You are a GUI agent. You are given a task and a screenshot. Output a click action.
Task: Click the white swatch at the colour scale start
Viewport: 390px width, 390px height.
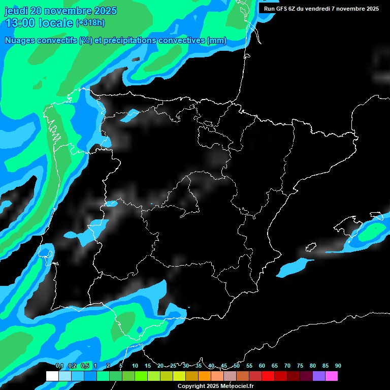(x=52, y=376)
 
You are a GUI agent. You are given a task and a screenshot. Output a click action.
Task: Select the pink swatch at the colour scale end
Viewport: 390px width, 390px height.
(x=332, y=376)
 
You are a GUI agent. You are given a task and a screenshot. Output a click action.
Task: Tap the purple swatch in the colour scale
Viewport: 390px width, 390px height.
(x=319, y=376)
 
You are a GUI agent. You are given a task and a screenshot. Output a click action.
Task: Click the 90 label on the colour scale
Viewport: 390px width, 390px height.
(x=338, y=366)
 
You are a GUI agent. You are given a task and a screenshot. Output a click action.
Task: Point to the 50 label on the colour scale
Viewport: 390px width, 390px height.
(x=237, y=366)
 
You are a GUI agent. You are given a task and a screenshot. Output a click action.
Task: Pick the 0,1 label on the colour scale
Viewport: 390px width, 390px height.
(x=59, y=366)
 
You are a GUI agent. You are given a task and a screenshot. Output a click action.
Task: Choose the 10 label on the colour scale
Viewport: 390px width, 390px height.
(x=135, y=366)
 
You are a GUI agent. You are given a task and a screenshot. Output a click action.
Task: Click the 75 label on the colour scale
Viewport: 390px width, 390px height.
(x=300, y=366)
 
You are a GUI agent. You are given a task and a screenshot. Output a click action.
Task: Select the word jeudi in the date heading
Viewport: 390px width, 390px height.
(x=16, y=11)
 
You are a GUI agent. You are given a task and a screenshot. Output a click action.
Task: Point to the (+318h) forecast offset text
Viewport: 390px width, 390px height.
(x=90, y=23)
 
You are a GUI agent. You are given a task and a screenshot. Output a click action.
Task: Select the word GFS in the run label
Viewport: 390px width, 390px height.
(x=283, y=9)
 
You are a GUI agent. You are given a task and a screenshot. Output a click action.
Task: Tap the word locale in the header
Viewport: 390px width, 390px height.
(x=57, y=23)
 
